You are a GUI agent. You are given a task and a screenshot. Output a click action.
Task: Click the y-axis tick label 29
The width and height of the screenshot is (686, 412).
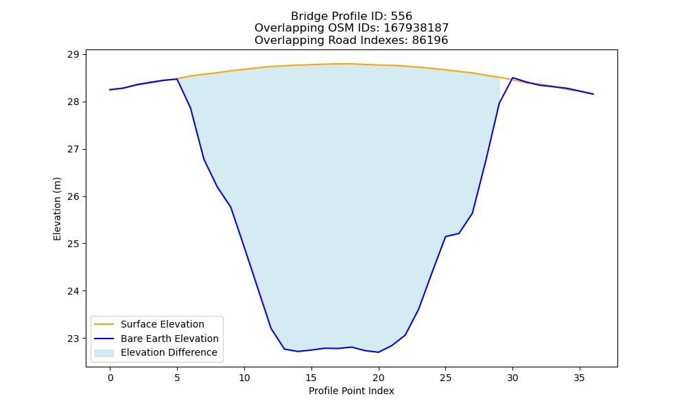[73, 55]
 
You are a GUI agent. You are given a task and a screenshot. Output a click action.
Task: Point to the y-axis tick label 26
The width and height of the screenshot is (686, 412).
[73, 196]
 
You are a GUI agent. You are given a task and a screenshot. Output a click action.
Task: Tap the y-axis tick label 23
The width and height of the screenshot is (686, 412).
[73, 339]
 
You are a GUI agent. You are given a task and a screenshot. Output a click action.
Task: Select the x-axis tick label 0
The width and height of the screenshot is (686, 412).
[110, 378]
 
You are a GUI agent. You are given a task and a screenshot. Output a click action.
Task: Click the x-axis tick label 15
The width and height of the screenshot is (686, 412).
[311, 378]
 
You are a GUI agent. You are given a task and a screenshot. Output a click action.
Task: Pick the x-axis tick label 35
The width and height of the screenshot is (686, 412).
[579, 378]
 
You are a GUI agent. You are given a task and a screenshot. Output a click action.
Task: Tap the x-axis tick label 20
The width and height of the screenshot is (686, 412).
[379, 378]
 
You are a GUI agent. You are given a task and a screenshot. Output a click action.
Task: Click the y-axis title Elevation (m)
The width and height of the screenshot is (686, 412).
[57, 209]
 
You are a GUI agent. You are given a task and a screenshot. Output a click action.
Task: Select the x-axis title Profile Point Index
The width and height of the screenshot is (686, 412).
[351, 391]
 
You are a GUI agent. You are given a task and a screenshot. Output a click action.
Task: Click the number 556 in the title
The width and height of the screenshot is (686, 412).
[401, 16]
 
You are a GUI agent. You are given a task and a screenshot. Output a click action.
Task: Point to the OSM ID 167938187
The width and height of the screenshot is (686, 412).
[416, 28]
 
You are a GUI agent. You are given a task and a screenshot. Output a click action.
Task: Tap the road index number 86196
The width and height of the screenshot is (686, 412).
[430, 41]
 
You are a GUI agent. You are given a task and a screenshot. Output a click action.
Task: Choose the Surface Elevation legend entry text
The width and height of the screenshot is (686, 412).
[163, 324]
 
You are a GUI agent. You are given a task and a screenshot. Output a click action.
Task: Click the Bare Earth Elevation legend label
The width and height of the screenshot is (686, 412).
[169, 339]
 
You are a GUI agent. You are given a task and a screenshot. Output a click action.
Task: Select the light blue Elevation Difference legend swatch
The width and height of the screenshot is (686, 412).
[104, 353]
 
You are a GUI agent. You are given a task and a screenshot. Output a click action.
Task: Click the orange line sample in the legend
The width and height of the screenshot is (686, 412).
[104, 324]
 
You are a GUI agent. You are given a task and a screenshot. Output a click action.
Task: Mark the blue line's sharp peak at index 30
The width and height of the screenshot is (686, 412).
[512, 78]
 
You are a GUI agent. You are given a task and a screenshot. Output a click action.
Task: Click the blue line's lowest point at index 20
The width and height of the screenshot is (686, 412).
[379, 352]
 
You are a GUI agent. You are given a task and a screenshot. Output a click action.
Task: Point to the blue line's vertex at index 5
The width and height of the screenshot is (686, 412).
[177, 79]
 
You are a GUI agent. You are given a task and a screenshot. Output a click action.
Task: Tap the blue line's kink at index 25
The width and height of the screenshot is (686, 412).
[445, 236]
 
